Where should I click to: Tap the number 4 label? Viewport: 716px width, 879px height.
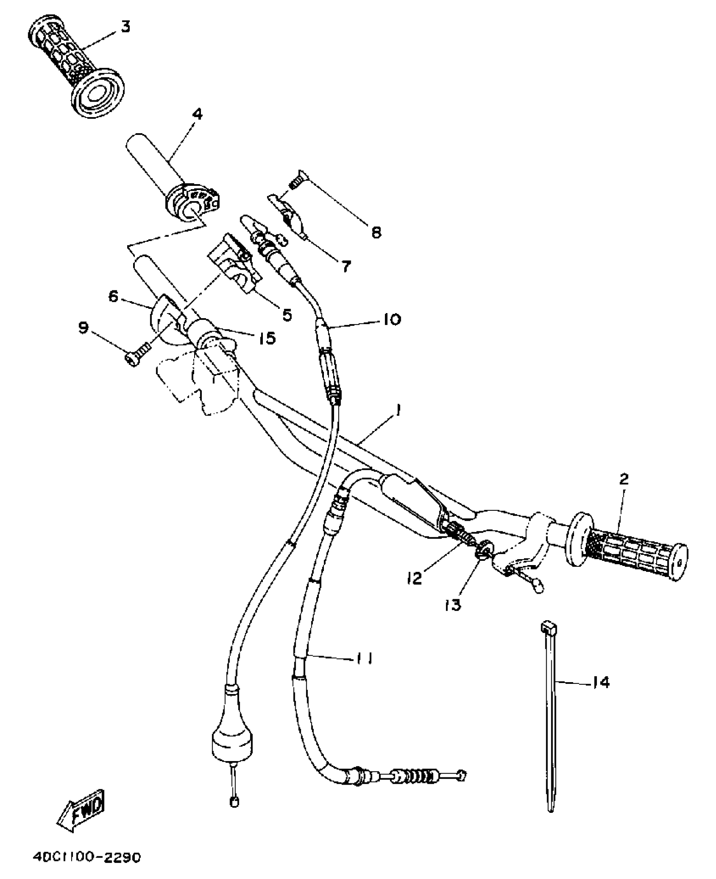pyautogui.click(x=197, y=114)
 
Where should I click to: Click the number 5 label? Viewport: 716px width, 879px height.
pyautogui.click(x=287, y=314)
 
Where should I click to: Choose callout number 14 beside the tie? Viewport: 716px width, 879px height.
pyautogui.click(x=601, y=683)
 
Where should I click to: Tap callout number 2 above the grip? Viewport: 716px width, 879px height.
pyautogui.click(x=624, y=479)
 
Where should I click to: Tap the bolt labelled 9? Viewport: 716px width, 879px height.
pyautogui.click(x=138, y=352)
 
